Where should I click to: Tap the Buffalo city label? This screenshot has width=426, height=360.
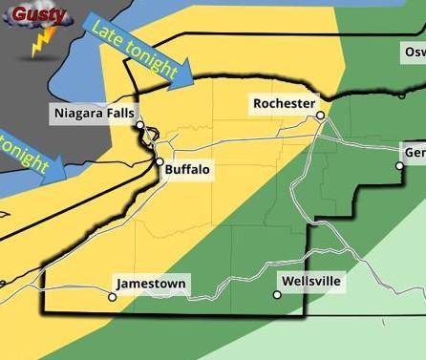tap(187, 170)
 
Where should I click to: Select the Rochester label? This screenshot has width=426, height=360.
tap(283, 103)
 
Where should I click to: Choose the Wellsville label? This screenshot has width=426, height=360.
tap(311, 282)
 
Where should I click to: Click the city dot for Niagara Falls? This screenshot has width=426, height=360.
tap(139, 125)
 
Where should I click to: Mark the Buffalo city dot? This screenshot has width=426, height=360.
tap(160, 162)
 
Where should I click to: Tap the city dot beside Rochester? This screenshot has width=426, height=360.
tap(321, 116)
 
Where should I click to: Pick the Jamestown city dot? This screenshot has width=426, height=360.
tap(113, 296)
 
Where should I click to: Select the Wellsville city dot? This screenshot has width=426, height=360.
tap(277, 295)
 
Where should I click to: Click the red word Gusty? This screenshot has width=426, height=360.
tap(39, 14)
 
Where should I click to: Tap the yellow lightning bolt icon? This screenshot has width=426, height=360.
tap(41, 43)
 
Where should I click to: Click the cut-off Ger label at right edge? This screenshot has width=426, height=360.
tap(415, 154)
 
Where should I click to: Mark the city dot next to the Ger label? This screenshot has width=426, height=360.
tap(400, 165)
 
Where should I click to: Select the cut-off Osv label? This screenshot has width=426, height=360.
tap(414, 51)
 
